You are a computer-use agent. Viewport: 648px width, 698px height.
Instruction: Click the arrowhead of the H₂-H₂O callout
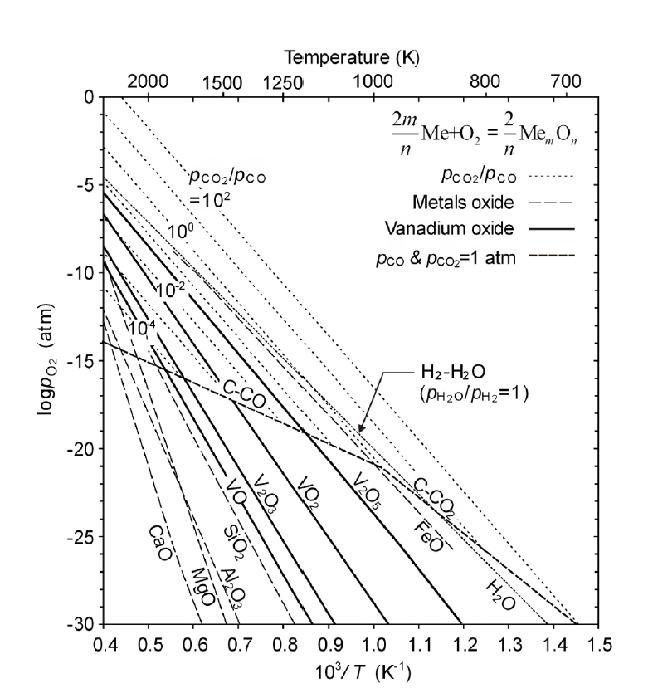coord(358,430)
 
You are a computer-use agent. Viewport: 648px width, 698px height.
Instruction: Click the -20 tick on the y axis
coord(82,448)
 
